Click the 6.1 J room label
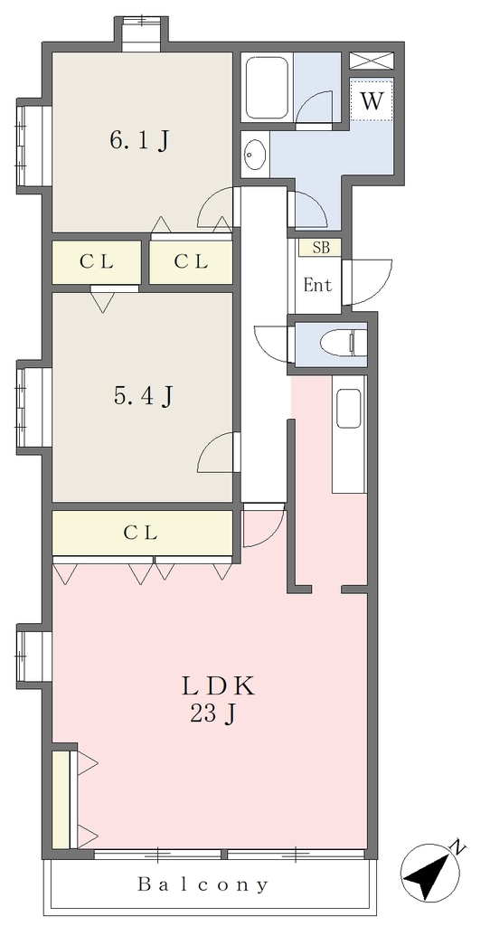pos(140,140)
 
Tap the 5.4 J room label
pos(143,396)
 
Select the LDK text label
pos(217,686)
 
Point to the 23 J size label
pos(213,714)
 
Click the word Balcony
pos(203,884)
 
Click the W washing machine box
pos(372,100)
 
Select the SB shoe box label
pos(321,248)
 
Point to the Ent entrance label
pos(317,286)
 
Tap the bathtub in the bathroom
pos(267,88)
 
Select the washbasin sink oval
pos(254,154)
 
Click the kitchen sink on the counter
pos(348,408)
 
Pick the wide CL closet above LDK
pos(142,534)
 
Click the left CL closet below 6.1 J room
pos(97,261)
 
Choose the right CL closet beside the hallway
pos(191,261)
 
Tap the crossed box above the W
pos(372,61)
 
